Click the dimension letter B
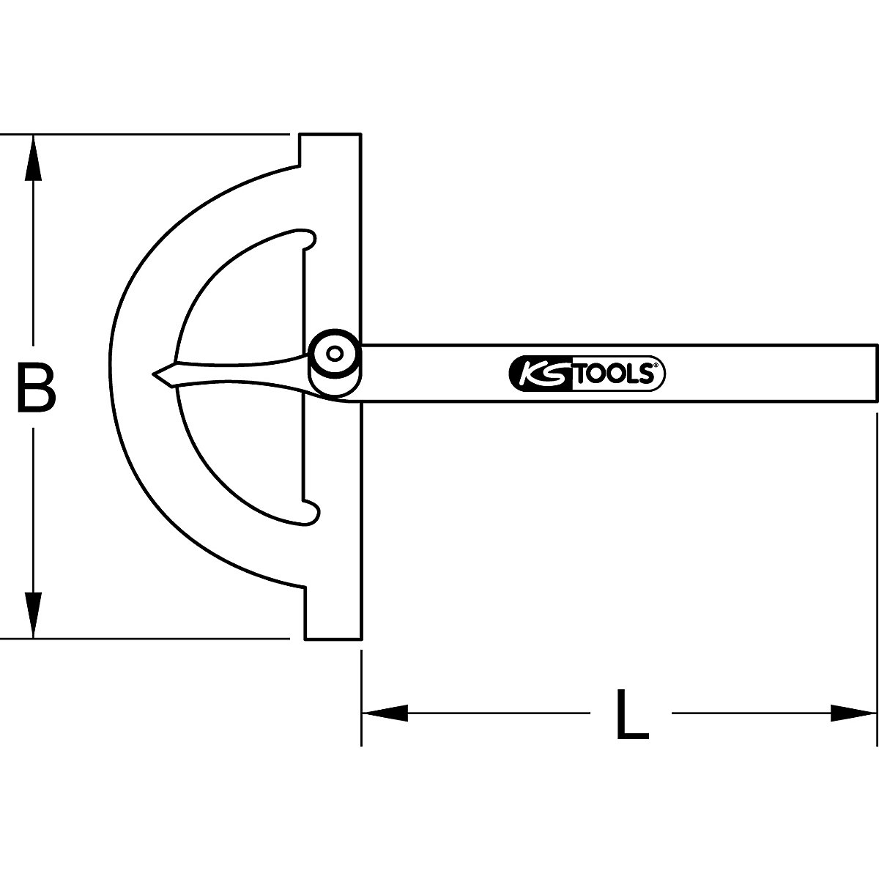coord(36,388)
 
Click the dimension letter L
coord(631,714)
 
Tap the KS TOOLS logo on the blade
coord(586,374)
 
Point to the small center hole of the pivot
coord(334,355)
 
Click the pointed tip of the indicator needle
coord(154,374)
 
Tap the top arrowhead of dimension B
coord(32,157)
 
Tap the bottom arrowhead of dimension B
coord(32,615)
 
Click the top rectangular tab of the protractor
coord(330,150)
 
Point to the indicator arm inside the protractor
coord(234,374)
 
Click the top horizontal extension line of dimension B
coord(146,135)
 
